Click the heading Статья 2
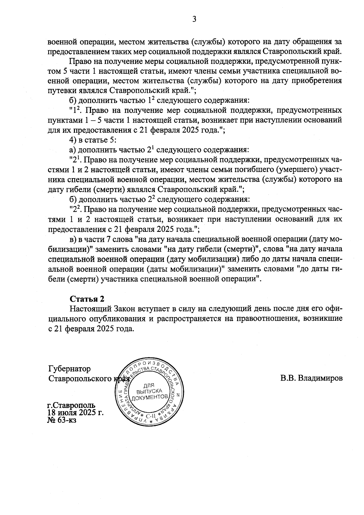pyautogui.click(x=87, y=299)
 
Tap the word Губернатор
pyautogui.click(x=69, y=369)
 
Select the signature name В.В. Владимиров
pyautogui.click(x=312, y=378)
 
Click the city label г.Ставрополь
pyautogui.click(x=72, y=405)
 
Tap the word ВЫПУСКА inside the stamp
pyautogui.click(x=149, y=391)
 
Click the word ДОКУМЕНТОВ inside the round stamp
pyautogui.click(x=150, y=397)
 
